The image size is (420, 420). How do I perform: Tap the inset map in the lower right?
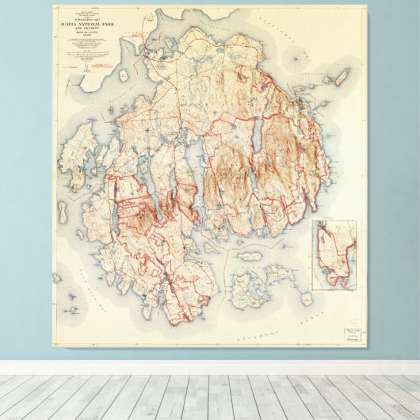pos(334,254)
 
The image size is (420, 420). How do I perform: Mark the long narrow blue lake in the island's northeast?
pos(257,135)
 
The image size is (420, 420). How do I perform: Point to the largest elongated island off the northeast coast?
pos(341,78)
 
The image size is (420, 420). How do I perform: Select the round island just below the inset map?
pos(307,299)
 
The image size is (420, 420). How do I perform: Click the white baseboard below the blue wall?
pos(210,368)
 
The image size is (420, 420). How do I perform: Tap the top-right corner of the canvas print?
pos(366,6)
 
